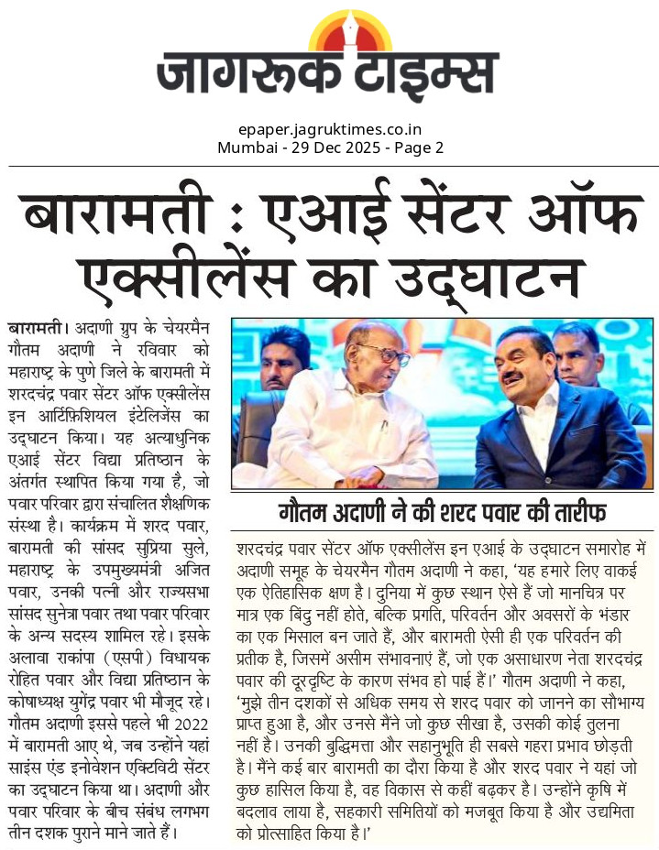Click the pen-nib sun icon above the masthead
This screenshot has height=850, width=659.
pyautogui.click(x=350, y=33)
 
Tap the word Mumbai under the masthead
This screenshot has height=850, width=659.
pyautogui.click(x=245, y=147)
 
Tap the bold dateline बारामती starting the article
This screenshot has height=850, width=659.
pyautogui.click(x=36, y=327)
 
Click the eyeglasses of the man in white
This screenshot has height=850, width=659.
pyautogui.click(x=390, y=355)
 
